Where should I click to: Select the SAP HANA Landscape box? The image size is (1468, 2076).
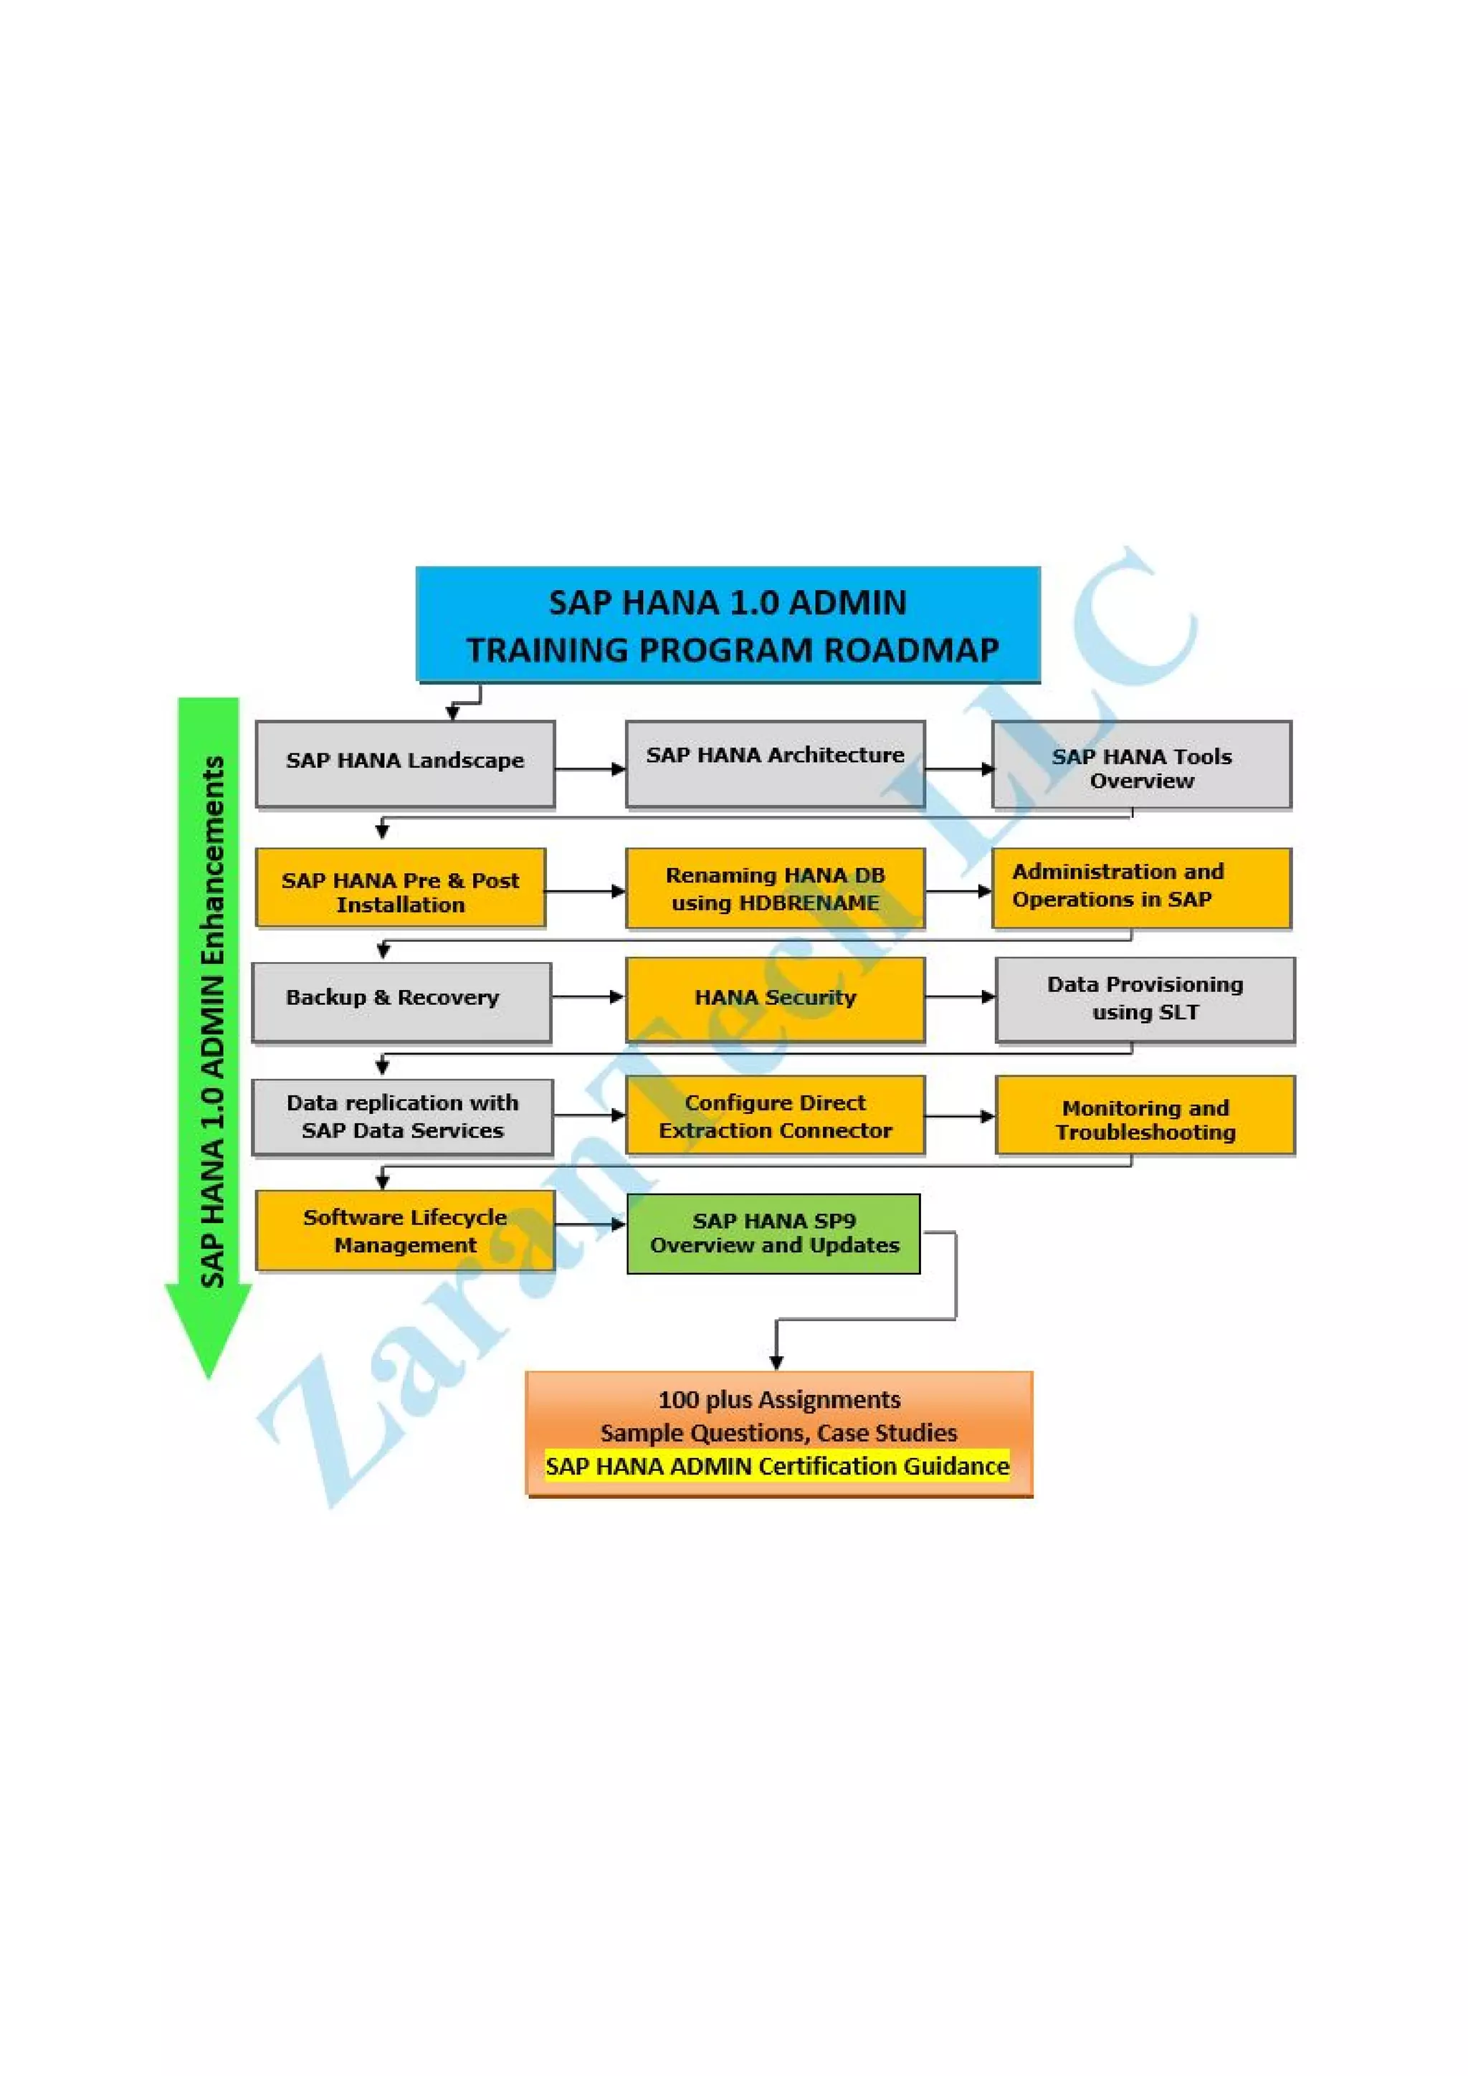coord(405,764)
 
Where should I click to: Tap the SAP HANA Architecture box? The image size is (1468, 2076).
coord(775,764)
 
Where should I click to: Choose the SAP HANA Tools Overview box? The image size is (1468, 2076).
coord(1140,765)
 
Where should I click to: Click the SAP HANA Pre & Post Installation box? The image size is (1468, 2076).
coord(401,888)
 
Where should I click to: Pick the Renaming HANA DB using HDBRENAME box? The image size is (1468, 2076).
coord(775,889)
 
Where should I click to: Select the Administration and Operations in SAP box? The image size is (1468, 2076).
coord(1140,888)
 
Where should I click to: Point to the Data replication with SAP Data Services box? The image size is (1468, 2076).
coord(402,1117)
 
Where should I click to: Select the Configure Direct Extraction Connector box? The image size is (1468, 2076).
coord(775,1115)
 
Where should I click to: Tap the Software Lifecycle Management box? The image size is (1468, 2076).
coord(405,1231)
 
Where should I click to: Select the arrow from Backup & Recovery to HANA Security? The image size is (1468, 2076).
coord(588,997)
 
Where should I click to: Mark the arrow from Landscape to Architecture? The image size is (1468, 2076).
coord(589,769)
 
